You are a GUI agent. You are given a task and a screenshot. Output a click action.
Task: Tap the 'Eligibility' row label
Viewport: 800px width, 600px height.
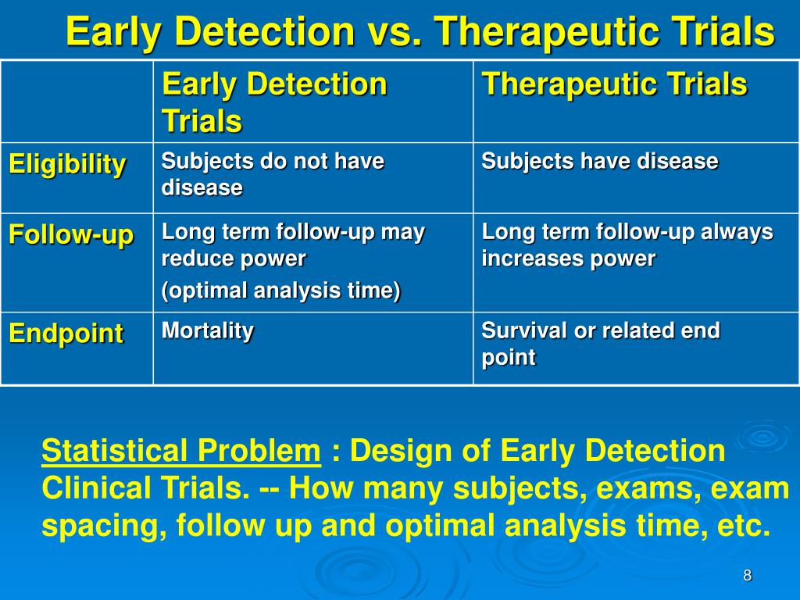point(67,165)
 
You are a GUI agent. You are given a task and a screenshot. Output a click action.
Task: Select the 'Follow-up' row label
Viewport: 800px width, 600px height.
point(71,235)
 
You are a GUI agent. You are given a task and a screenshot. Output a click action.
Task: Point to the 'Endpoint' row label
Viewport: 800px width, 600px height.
point(66,334)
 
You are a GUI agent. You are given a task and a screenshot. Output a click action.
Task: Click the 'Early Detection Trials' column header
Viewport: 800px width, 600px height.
point(274,102)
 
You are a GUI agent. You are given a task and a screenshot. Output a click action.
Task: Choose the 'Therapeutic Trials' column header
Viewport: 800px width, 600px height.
point(614,84)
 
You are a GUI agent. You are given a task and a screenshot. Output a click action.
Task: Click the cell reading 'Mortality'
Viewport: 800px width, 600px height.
point(208,331)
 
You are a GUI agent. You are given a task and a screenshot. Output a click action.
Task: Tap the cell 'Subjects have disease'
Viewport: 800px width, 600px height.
point(600,161)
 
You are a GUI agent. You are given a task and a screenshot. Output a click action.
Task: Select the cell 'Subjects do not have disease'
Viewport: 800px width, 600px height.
point(273,174)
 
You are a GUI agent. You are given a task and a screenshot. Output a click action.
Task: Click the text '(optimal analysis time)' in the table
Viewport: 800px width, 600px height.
point(281,291)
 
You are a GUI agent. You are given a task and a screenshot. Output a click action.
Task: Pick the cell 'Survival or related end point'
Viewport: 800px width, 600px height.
point(601,344)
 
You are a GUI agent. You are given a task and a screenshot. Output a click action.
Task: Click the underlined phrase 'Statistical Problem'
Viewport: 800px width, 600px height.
point(181,451)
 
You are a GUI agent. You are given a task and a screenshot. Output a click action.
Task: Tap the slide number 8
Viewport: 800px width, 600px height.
point(748,576)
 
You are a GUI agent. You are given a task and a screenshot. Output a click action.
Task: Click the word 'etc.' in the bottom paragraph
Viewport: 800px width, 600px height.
point(744,526)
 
